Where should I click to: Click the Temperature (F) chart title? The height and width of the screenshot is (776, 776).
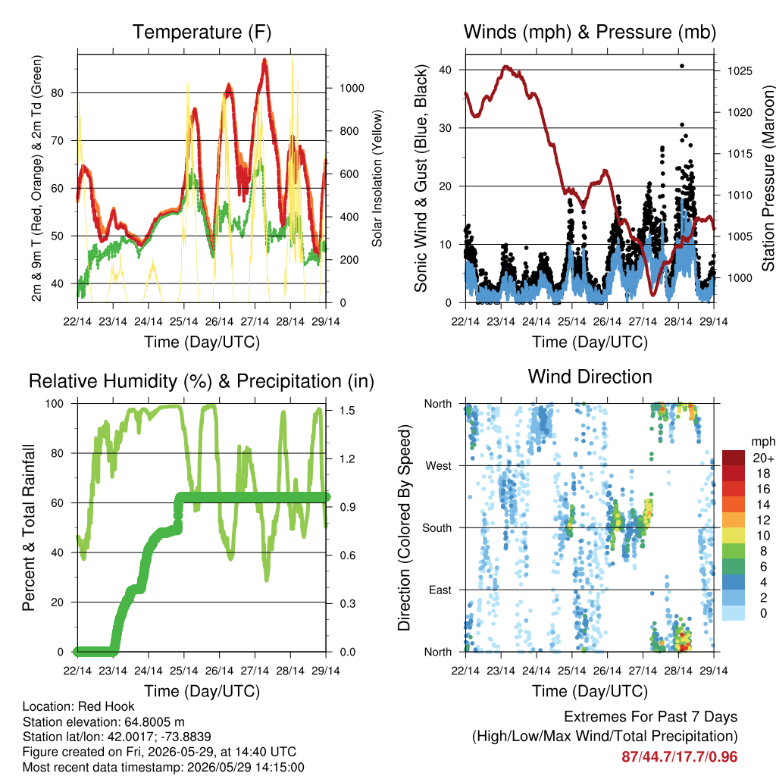(202, 32)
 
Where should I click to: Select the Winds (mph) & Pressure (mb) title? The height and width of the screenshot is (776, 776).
(590, 32)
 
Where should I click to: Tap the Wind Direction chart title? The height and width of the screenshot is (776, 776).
(590, 377)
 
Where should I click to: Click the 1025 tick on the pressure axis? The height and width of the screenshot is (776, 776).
(740, 71)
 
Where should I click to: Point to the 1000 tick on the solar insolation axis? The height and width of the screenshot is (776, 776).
(352, 88)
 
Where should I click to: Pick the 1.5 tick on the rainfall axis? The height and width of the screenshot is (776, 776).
(347, 410)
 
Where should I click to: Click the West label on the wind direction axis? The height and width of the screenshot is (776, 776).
(439, 466)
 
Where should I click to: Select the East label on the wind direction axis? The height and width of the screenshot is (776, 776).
(440, 590)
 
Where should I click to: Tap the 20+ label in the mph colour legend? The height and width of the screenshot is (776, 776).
(763, 458)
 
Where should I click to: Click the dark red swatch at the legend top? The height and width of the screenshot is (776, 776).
(734, 458)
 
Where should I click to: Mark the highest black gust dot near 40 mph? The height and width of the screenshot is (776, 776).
(682, 66)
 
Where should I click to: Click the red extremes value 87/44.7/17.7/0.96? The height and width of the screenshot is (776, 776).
(680, 757)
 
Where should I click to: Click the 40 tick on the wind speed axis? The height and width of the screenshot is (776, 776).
(445, 70)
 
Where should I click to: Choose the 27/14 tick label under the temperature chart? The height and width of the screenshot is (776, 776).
(255, 321)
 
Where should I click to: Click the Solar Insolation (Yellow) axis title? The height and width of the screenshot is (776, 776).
(377, 178)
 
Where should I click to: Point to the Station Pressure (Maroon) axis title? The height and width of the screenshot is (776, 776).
(768, 178)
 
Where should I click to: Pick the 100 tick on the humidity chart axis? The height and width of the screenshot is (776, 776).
(55, 404)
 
